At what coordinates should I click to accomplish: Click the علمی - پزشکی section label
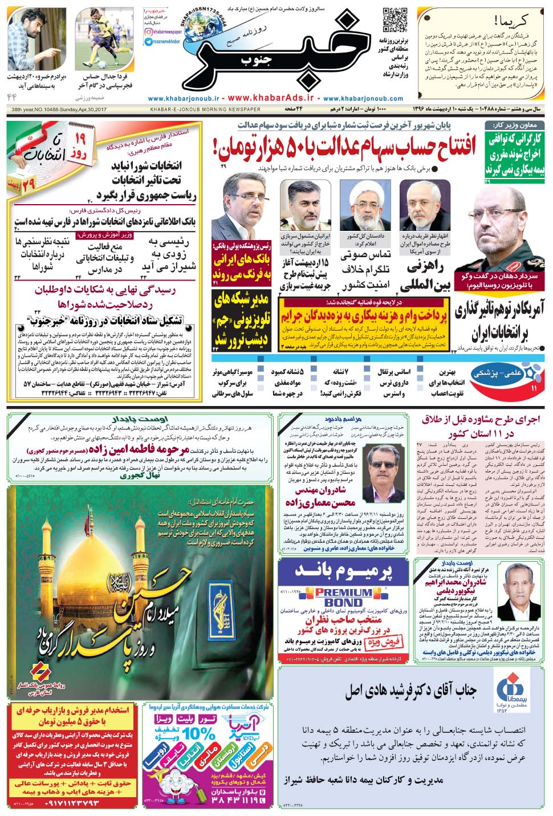coord(511,372)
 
